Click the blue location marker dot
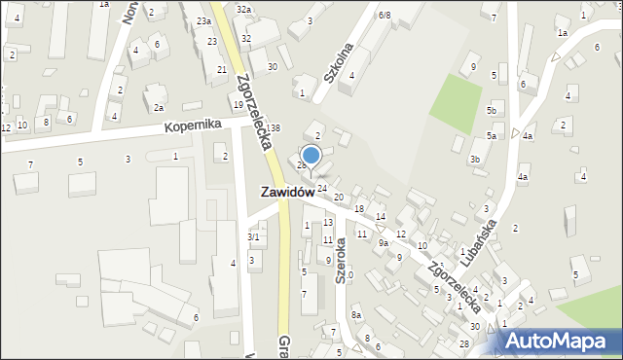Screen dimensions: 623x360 pos(311,154)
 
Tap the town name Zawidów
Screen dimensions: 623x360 pos(287,193)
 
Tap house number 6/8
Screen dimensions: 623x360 pos(385,15)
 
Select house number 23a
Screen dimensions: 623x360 pos(202,20)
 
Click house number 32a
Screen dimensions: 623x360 pos(243,9)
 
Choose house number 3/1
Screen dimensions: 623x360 pos(253,236)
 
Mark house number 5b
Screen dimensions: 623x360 pos(492,111)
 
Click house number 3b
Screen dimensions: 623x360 pos(475,159)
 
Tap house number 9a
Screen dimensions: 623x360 pos(384,243)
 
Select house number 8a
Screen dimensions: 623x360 pos(356,315)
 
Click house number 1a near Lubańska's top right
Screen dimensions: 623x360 pos(562,33)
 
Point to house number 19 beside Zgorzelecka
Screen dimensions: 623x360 pos(238,104)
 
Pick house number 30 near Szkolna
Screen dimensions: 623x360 pos(273,66)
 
